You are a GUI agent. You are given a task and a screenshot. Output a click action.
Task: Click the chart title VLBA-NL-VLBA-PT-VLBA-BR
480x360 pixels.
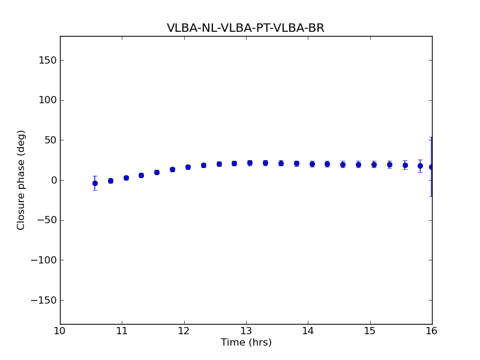tap(245, 28)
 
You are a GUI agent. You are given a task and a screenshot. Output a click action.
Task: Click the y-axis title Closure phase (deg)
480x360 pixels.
tap(22, 180)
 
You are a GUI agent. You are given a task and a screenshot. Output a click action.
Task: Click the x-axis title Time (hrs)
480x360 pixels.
tap(246, 343)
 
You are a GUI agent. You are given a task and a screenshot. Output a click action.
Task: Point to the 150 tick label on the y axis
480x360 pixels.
tap(47, 60)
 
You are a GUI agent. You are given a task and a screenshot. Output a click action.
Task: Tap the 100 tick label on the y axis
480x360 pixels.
tap(47, 100)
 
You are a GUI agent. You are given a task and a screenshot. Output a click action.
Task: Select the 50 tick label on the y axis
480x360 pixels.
tap(50, 140)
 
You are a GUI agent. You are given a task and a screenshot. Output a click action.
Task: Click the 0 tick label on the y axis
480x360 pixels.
tap(53, 180)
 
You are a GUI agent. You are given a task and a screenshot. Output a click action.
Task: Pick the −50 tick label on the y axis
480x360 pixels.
tap(46, 220)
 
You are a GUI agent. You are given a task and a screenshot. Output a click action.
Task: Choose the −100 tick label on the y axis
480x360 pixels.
tap(43, 260)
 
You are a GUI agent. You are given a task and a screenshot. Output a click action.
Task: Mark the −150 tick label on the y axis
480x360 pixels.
tap(43, 300)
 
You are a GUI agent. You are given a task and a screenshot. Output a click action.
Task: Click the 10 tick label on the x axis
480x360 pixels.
tap(60, 332)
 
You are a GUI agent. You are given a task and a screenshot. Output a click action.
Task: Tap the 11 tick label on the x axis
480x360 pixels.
tap(122, 332)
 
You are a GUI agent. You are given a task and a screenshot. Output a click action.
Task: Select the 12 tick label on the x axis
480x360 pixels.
tap(184, 332)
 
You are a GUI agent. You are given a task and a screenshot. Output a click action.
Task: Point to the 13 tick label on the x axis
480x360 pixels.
tap(246, 332)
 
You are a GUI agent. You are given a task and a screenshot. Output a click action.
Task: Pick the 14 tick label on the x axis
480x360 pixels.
tap(308, 332)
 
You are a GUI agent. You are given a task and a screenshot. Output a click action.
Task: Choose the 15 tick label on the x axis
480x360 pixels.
tap(370, 332)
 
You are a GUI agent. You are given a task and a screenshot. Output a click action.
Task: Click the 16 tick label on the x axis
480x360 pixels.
tap(432, 332)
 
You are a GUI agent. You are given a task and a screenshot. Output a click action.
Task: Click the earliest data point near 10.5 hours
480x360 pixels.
tap(95, 183)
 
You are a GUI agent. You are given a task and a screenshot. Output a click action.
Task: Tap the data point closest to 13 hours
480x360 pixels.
tap(250, 163)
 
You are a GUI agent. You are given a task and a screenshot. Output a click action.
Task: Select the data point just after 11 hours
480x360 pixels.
tap(126, 178)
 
